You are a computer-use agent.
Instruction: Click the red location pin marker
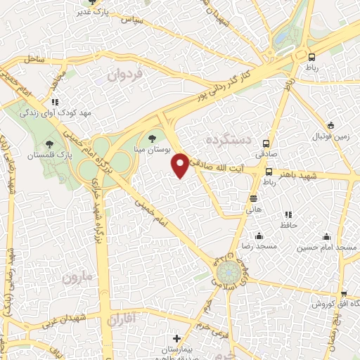coord(181,166)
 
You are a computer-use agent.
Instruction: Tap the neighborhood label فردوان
coord(126,73)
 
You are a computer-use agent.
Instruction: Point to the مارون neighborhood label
coord(77,277)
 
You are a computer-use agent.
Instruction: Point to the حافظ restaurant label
coord(289,225)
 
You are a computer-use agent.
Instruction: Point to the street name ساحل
coord(34,60)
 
